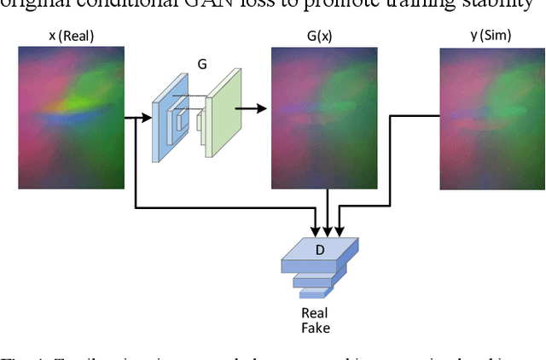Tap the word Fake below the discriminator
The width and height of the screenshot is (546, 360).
316,328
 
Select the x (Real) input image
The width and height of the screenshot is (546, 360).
71,117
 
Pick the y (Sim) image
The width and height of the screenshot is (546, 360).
492,117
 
